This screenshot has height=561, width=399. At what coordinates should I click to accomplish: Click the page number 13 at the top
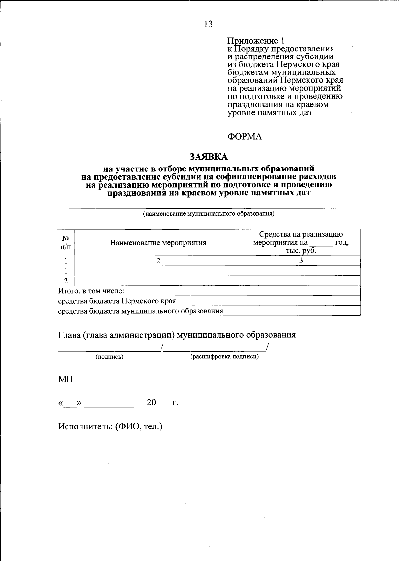[208, 24]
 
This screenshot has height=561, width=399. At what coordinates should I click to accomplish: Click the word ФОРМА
[244, 137]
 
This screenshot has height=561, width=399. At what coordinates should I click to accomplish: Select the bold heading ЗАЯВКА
[208, 156]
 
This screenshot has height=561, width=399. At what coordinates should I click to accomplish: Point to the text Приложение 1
[256, 41]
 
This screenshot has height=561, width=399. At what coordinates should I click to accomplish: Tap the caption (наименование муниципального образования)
[208, 214]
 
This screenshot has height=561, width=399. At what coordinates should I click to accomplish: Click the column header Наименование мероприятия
[158, 243]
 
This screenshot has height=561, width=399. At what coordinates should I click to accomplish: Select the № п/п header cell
[66, 243]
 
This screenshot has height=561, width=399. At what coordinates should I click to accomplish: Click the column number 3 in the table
[301, 261]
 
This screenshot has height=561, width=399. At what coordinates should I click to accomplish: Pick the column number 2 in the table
[158, 261]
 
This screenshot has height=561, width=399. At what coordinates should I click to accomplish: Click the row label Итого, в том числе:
[91, 291]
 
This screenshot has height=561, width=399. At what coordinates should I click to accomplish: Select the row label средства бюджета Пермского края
[117, 301]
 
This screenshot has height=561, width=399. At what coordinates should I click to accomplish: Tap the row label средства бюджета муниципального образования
[140, 311]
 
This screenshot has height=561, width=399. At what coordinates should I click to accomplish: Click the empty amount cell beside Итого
[301, 291]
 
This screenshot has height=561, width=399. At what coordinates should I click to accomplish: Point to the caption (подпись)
[109, 357]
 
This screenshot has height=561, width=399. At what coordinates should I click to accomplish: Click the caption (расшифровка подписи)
[224, 357]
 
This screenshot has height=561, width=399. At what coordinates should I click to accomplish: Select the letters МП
[66, 379]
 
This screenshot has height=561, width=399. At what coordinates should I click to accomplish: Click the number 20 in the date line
[151, 403]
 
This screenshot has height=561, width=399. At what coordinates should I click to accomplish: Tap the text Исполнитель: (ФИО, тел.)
[110, 426]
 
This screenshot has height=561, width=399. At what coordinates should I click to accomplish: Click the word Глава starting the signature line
[68, 335]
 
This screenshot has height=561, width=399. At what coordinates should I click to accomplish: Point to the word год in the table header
[342, 243]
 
